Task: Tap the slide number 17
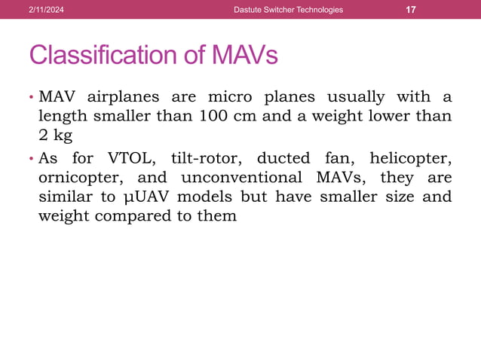(x=411, y=10)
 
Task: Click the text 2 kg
(x=54, y=136)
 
